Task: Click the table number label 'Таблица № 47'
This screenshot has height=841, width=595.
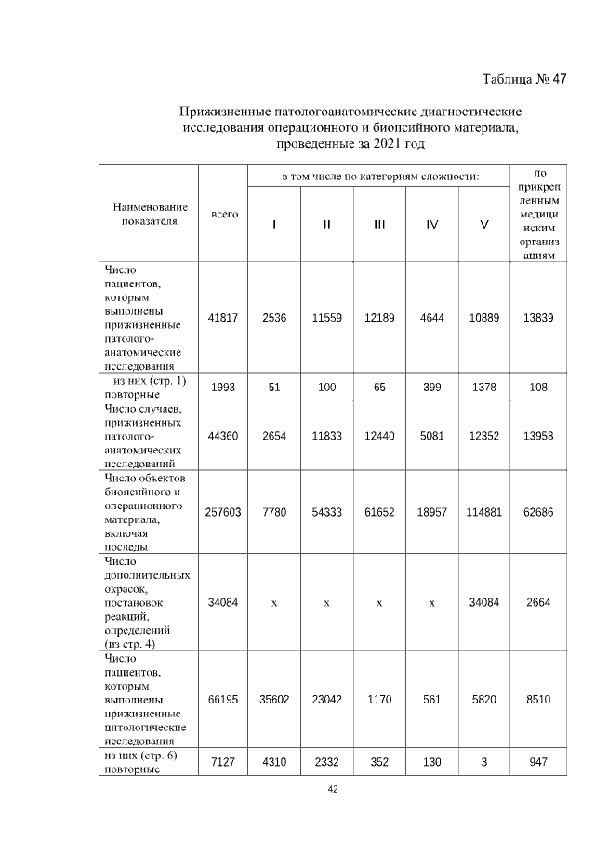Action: (523, 78)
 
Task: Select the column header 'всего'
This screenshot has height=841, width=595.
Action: (223, 215)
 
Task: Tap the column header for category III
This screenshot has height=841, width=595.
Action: (379, 224)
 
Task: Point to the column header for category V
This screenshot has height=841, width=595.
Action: (483, 224)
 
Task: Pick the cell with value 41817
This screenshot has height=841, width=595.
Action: (223, 318)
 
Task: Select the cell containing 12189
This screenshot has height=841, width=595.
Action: (379, 318)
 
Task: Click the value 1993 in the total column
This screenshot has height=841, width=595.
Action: (223, 387)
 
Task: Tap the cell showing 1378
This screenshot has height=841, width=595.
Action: (483, 387)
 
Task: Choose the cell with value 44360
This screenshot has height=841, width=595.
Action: (223, 436)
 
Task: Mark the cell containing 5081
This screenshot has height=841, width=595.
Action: (432, 436)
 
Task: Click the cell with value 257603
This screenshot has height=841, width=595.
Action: (223, 512)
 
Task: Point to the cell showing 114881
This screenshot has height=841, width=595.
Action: (483, 512)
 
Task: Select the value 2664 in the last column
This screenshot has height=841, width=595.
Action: (538, 603)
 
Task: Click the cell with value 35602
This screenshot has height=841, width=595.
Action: (274, 698)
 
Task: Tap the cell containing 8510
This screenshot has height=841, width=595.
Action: (538, 698)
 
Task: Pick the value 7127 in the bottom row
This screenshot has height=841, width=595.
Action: (223, 762)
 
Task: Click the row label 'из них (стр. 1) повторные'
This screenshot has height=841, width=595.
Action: (149, 387)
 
